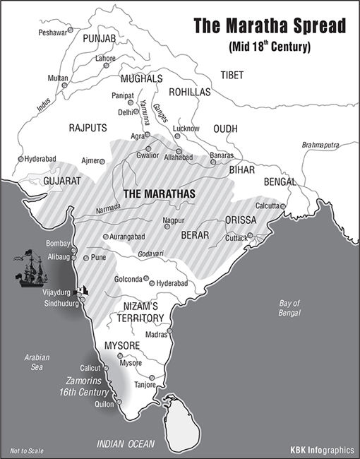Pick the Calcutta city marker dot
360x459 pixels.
pyautogui.click(x=284, y=206)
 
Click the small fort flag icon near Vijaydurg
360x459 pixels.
pyautogui.click(x=84, y=289)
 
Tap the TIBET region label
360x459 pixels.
pyautogui.click(x=232, y=75)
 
